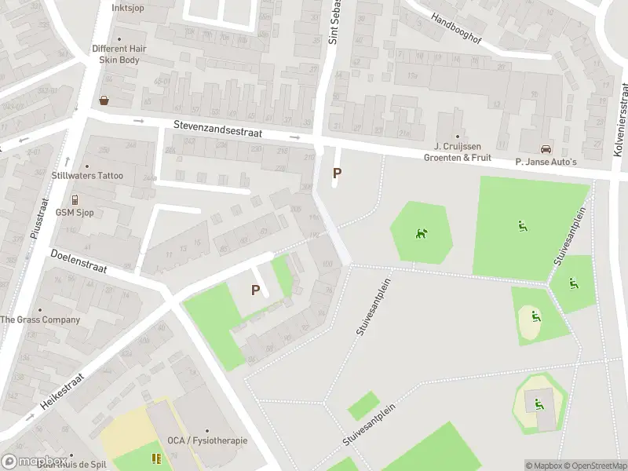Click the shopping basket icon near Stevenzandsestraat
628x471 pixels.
(x=104, y=100)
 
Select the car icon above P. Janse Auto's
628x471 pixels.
(x=546, y=149)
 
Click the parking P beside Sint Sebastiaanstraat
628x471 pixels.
(x=338, y=173)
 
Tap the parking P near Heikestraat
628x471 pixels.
(x=255, y=290)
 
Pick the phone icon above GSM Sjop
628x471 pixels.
(x=75, y=199)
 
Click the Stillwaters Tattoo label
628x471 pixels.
(x=87, y=175)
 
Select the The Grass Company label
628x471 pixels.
(x=40, y=319)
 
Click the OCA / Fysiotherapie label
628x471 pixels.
(x=207, y=440)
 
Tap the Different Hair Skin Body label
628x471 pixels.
(x=119, y=53)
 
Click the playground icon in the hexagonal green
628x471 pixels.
(x=422, y=233)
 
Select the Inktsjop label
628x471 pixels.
(x=128, y=8)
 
